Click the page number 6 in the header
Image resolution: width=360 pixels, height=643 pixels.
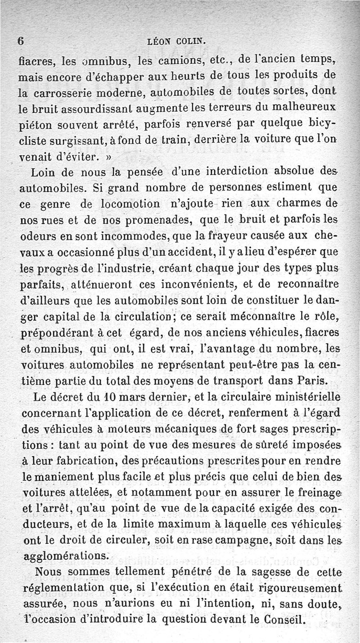20,41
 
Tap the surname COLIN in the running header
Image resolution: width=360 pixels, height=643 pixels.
190,41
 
